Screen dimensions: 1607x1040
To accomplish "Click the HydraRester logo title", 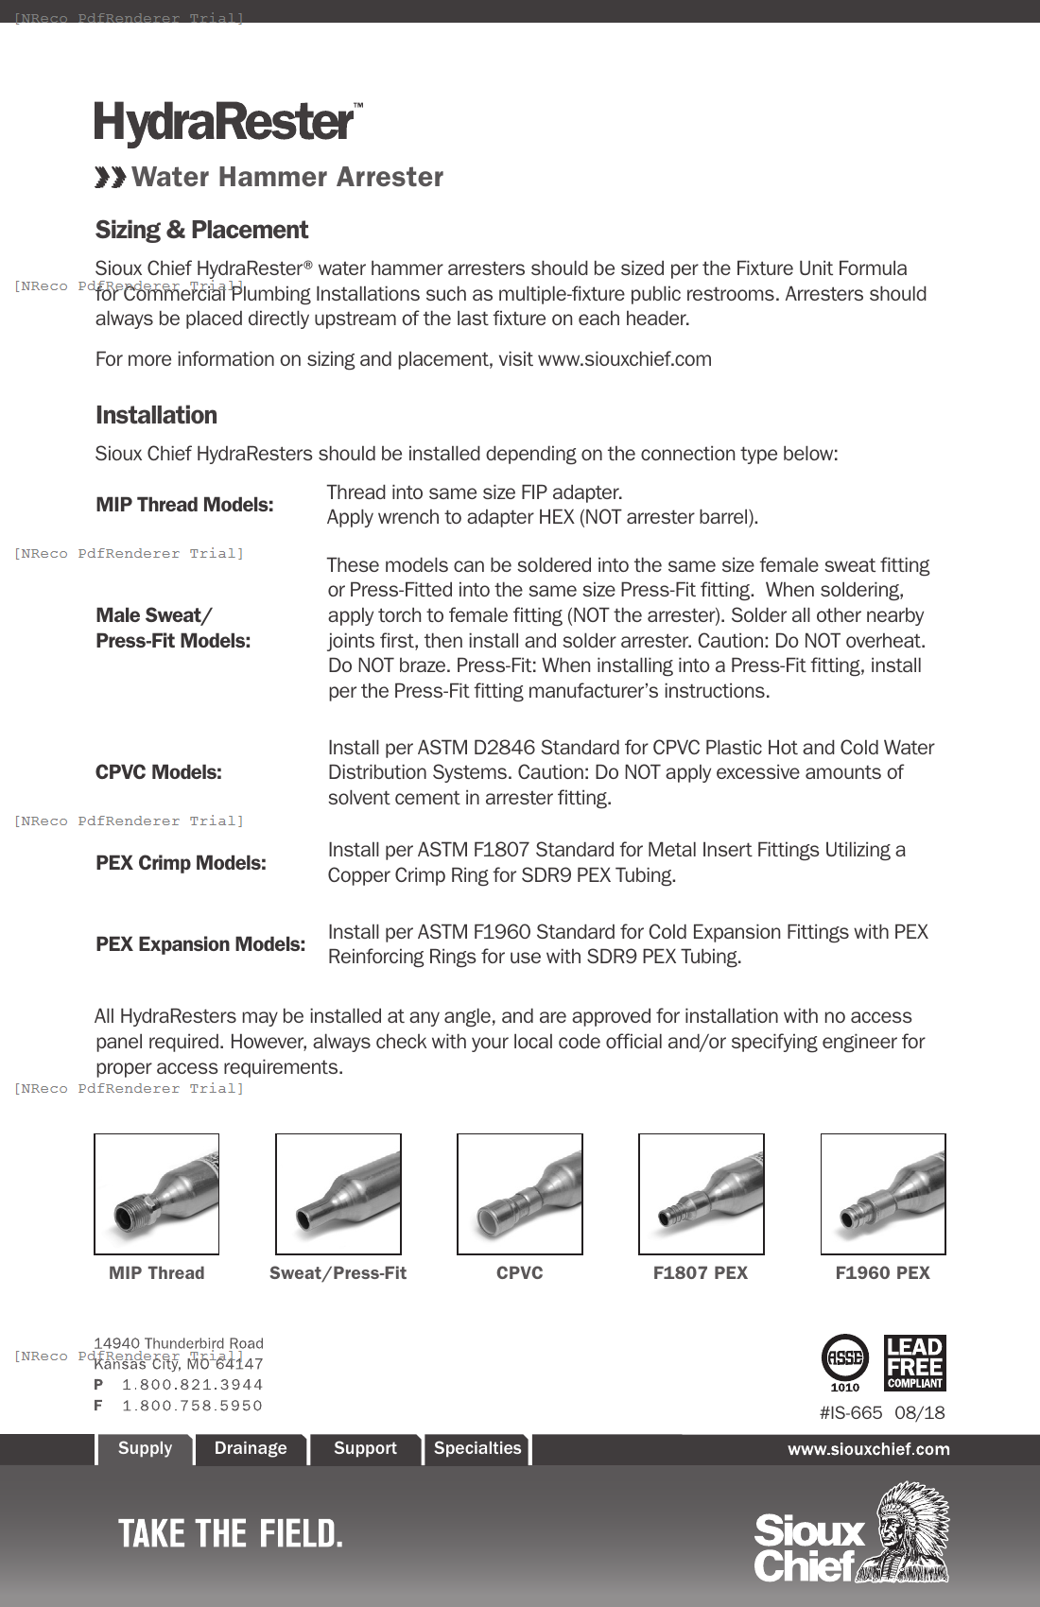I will coord(225,123).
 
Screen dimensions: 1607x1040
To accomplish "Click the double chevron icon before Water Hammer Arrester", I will coord(110,178).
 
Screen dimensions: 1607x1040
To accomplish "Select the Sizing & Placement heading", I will coord(201,230).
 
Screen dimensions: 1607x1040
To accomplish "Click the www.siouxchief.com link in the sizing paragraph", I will coord(624,359).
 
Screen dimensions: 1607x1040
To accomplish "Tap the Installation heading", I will coord(156,415).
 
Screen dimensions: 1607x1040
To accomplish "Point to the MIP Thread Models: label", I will coord(184,505).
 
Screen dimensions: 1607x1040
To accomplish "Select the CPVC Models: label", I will coord(159,772).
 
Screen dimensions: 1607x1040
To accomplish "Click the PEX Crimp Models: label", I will coord(181,863).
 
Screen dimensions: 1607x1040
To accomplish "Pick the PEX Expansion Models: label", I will coord(200,944).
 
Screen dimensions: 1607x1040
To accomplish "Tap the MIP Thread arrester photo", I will coord(157,1194).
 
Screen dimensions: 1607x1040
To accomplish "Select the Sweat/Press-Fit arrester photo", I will coord(338,1194).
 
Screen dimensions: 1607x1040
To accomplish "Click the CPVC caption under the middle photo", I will coord(520,1273).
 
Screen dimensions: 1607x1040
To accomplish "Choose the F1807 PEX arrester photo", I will coord(702,1194).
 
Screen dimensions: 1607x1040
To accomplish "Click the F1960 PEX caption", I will coord(882,1273).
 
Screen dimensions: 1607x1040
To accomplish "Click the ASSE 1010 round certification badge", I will coord(844,1360).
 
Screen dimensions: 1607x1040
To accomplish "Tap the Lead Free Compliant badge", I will coord(914,1362).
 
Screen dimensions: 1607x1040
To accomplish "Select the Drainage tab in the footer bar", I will coord(251,1448).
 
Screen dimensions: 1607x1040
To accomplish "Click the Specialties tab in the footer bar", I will coord(477,1448).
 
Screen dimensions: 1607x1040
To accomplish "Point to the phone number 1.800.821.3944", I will coord(192,1385).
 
